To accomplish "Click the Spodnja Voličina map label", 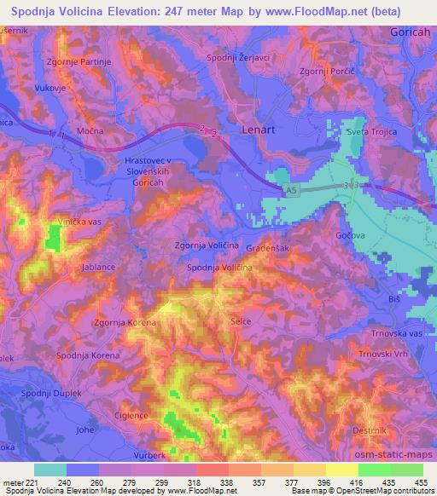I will pos(219,268).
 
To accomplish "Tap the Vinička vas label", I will pos(79,221).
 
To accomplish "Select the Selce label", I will pos(242,321).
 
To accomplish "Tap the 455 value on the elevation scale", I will pos(421,482).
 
